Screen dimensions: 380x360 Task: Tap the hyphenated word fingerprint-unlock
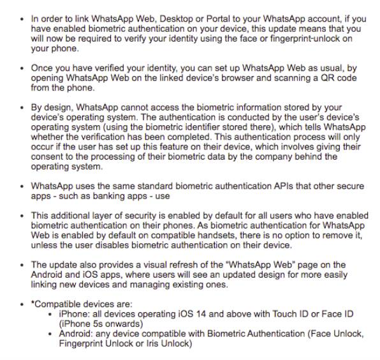(286, 39)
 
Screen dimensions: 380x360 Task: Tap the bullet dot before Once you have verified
(24, 68)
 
